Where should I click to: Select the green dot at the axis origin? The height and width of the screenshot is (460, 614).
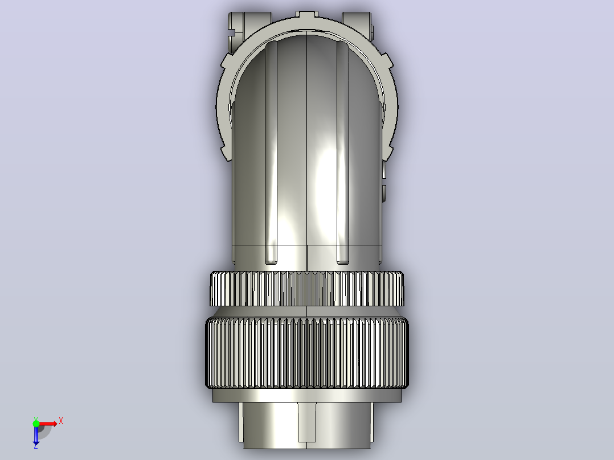tap(36, 424)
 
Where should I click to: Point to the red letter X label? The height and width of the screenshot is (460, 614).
tap(61, 421)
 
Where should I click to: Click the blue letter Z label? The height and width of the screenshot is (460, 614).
tap(36, 446)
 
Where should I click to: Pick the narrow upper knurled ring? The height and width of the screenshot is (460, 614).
tap(306, 289)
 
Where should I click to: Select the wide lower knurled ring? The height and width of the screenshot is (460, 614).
tap(306, 353)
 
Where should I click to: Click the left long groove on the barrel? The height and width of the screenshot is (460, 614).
tap(271, 152)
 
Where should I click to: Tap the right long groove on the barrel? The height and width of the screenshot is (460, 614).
tap(343, 152)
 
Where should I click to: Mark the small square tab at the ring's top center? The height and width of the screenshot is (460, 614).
tap(306, 15)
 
